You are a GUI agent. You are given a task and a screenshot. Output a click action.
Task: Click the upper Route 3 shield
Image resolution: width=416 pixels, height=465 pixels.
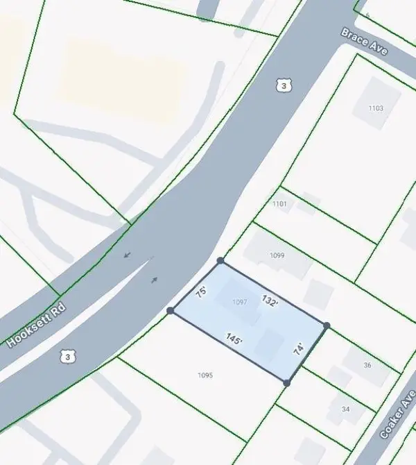[282, 85]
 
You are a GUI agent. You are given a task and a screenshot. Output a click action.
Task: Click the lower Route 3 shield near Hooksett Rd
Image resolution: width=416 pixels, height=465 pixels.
[67, 356]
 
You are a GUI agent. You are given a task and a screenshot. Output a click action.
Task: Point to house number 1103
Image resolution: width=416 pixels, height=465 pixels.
[376, 108]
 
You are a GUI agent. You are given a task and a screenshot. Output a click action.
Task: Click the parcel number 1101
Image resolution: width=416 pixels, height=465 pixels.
[279, 203]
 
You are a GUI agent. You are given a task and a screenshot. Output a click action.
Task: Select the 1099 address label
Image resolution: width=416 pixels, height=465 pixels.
[277, 255]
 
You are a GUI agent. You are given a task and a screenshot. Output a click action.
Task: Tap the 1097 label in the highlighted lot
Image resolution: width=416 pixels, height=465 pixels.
[240, 302]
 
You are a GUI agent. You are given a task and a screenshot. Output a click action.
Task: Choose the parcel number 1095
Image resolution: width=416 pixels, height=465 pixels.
[205, 375]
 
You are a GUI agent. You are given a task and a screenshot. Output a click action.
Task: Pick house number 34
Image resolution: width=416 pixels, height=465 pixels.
[345, 409]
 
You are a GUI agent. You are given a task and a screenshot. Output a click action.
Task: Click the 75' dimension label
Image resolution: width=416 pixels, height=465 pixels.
[202, 292]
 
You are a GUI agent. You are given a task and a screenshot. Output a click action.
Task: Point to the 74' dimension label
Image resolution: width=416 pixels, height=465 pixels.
[299, 348]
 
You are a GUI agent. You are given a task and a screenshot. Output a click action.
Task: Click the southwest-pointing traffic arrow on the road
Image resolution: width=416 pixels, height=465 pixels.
[126, 255]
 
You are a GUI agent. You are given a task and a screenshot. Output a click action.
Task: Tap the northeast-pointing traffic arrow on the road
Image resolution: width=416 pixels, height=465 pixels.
[154, 280]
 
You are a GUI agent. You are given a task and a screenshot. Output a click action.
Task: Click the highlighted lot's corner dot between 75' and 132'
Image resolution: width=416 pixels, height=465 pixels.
[220, 261]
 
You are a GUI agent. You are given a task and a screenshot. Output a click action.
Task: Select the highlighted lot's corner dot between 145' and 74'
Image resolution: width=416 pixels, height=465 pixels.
[286, 382]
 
